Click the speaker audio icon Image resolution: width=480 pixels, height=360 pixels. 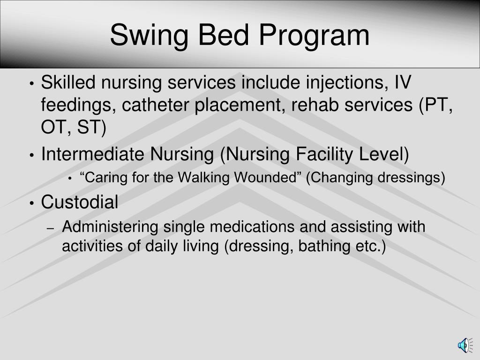[x=463, y=345]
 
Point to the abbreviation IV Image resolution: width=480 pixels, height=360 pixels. [x=401, y=83]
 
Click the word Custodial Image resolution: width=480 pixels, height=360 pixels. [x=80, y=202]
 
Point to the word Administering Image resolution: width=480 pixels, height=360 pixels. [x=110, y=227]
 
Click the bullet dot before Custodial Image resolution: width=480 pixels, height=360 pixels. [x=31, y=203]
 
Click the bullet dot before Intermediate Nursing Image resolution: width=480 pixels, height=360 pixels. [x=31, y=155]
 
